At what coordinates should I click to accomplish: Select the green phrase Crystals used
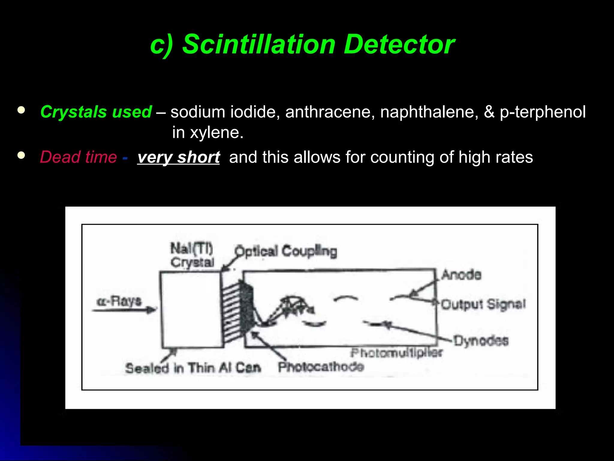96,112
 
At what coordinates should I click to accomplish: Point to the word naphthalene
429,112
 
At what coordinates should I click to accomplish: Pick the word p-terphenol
542,112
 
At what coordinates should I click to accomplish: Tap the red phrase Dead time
79,157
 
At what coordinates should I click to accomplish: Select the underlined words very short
179,157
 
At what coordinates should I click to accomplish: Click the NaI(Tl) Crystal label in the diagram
192,255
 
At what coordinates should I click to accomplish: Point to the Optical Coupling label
286,251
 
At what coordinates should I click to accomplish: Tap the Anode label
461,275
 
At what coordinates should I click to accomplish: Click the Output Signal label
483,304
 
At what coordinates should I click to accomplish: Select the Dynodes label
481,341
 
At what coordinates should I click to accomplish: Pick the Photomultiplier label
396,353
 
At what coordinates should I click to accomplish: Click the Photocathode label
321,367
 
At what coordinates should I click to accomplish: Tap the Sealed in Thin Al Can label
193,368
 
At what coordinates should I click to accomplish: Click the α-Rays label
119,301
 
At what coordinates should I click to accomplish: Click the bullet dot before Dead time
21,155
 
